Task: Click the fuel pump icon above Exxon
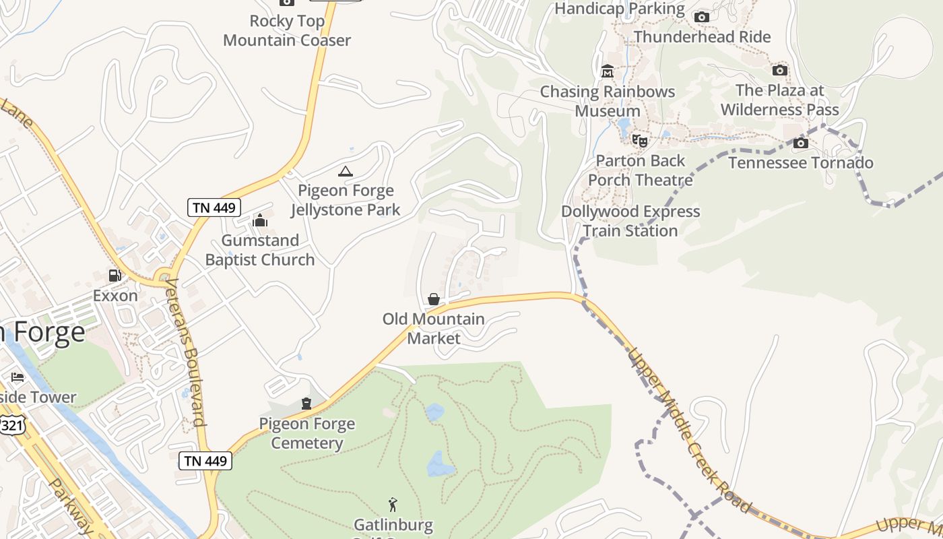[x=115, y=276]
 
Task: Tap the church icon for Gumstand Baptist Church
[x=260, y=220]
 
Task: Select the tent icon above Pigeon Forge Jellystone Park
[x=346, y=171]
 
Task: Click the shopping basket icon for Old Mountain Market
[x=434, y=299]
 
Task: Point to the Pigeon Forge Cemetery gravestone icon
[x=306, y=404]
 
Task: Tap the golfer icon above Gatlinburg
[x=393, y=504]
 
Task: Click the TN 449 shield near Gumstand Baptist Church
[x=214, y=208]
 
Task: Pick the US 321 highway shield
[x=13, y=424]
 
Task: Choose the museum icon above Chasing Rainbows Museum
[x=608, y=71]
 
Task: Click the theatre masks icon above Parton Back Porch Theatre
[x=639, y=141]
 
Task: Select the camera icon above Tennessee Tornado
[x=801, y=143]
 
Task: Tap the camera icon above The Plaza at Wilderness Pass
[x=779, y=70]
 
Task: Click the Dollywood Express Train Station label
[x=631, y=221]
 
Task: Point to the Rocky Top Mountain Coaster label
[x=287, y=31]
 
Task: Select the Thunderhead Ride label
[x=702, y=36]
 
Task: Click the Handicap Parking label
[x=619, y=9]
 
